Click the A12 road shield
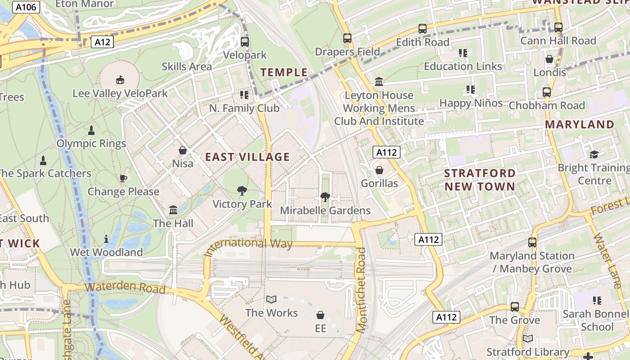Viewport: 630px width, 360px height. click(102, 42)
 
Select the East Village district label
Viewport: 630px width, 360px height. click(247, 157)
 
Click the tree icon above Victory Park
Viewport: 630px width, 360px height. click(242, 191)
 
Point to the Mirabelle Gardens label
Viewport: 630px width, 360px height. click(325, 211)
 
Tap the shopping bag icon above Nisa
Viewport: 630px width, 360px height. click(183, 150)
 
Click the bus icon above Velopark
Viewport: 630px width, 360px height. click(245, 42)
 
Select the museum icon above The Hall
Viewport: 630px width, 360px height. click(173, 210)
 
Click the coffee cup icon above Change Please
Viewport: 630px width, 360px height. click(123, 179)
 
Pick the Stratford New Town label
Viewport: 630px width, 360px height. click(480, 180)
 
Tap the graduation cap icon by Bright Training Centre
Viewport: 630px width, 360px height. click(594, 155)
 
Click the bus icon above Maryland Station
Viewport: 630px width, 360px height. click(532, 243)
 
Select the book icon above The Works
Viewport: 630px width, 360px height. click(271, 300)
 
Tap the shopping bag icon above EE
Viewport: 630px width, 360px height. click(320, 315)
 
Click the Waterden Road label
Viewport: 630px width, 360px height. click(125, 288)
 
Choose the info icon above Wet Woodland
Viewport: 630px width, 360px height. click(106, 239)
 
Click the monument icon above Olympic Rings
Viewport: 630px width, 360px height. click(91, 130)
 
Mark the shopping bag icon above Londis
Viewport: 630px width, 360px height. click(549, 59)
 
